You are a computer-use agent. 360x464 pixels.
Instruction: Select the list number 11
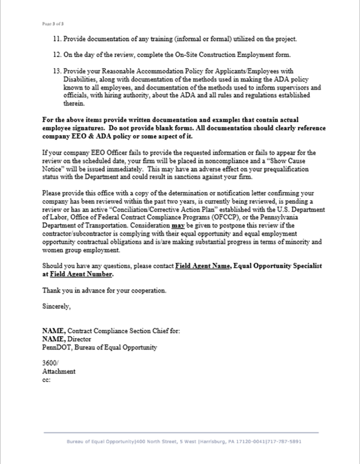pos(57,39)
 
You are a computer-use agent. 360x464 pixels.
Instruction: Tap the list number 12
pos(57,55)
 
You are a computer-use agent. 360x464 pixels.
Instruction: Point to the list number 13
pos(57,71)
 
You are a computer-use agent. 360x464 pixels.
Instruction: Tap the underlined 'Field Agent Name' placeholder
pos(202,266)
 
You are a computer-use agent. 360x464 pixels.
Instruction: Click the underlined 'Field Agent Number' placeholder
pos(81,274)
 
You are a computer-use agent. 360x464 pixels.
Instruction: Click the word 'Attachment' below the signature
pos(59,371)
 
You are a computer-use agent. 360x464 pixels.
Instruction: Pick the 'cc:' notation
pos(46,380)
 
